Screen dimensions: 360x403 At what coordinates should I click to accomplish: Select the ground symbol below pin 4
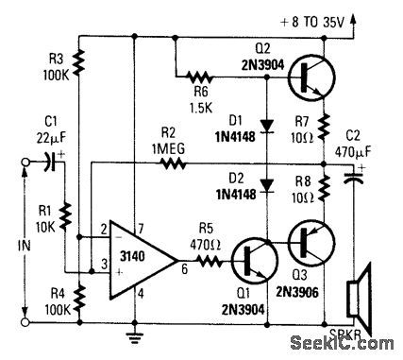click(x=136, y=332)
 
